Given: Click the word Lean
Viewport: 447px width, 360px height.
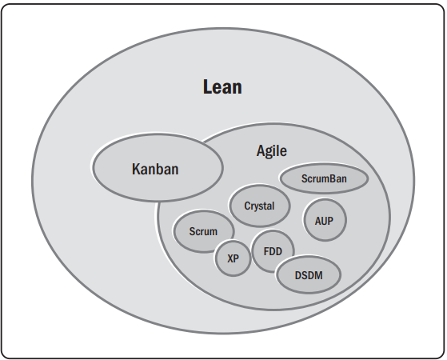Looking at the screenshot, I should (x=222, y=86).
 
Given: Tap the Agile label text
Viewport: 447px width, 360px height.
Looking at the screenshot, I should (x=271, y=150).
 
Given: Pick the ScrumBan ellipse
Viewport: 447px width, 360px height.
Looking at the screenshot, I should (x=323, y=179).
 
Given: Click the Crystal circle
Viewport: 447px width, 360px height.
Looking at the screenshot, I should (x=259, y=206).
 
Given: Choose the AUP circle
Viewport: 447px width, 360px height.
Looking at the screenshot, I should (x=324, y=219).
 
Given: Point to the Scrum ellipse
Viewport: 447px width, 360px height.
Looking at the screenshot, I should (x=203, y=231).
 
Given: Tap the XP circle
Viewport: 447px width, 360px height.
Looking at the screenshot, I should (x=233, y=258).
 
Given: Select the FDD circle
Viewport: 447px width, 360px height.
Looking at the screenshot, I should (x=273, y=250).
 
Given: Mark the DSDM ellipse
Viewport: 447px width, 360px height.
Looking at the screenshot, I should (x=308, y=274).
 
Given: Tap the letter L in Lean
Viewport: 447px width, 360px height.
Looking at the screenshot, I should (x=206, y=86).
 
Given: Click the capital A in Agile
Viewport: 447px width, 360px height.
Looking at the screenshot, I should (x=261, y=150).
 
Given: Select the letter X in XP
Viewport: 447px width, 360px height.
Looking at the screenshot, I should (x=229, y=258).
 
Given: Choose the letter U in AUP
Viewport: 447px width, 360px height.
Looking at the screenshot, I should (x=324, y=219).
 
